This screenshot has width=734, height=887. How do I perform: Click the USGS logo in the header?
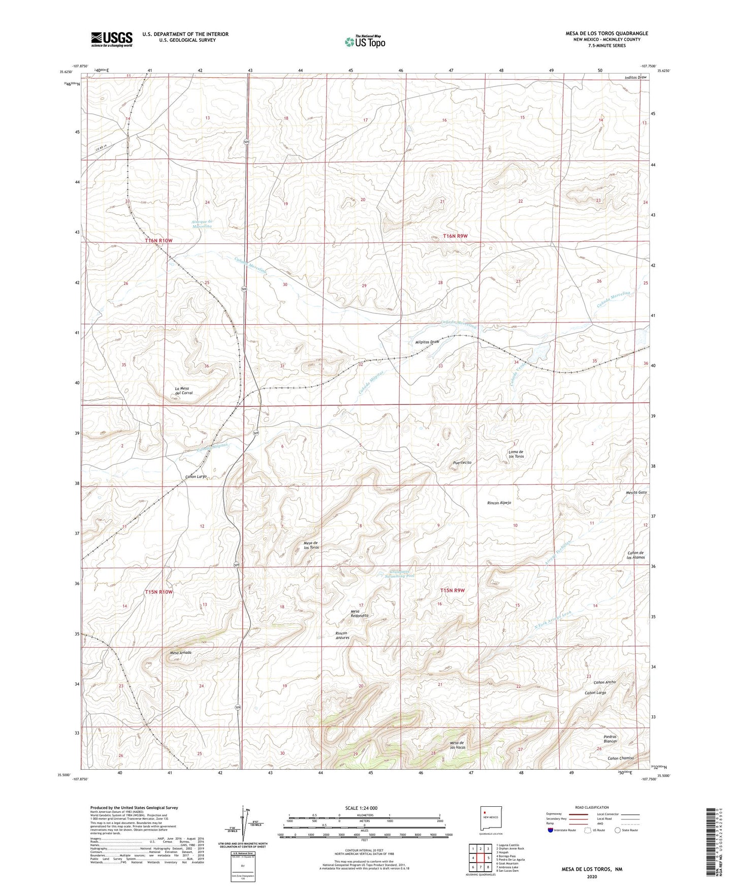[112, 39]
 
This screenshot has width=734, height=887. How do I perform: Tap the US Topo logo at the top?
[365, 42]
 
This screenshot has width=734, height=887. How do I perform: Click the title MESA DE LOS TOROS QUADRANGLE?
[607, 34]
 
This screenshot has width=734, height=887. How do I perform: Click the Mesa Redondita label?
[359, 613]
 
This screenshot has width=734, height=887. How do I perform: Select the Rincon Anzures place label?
[342, 635]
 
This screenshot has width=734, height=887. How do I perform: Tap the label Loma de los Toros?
[516, 454]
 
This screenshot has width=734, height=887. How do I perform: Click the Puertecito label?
[462, 463]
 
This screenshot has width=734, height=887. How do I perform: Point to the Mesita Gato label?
[636, 492]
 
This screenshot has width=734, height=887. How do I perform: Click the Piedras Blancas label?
[610, 739]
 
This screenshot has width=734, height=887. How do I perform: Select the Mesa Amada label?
[180, 653]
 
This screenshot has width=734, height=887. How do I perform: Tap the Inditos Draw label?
[635, 77]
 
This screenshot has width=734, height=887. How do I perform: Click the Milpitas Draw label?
[427, 342]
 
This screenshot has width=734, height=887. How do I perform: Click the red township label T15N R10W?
[158, 592]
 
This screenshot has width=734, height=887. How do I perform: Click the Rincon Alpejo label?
[499, 502]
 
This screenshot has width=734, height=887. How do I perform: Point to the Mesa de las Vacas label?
[458, 745]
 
